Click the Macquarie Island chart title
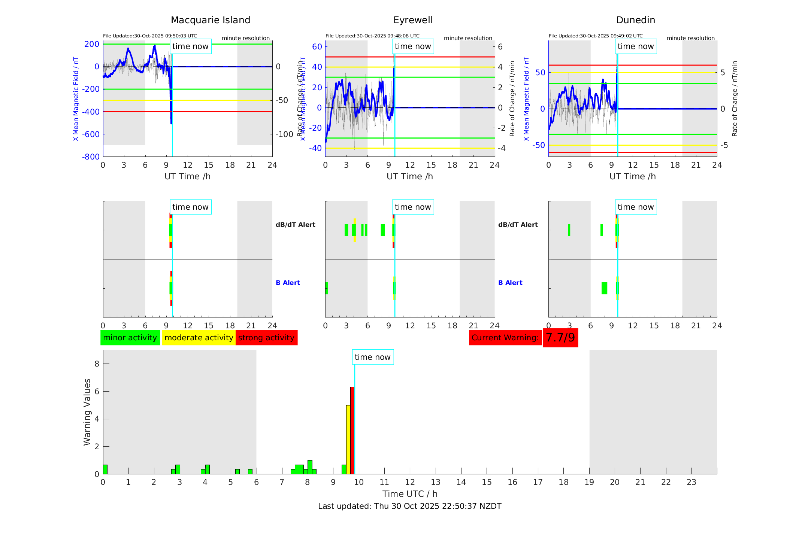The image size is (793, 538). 211,20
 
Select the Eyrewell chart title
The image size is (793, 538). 413,20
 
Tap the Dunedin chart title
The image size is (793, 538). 635,20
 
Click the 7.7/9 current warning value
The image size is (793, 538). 560,338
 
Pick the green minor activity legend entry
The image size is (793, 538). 130,338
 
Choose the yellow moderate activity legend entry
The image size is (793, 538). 199,338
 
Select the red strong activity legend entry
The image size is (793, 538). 266,338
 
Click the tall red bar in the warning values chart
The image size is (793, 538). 352,431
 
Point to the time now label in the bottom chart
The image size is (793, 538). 372,357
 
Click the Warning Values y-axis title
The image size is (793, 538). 87,412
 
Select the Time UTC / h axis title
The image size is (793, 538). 409,494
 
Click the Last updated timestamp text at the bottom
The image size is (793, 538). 409,506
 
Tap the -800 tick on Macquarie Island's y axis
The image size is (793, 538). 91,157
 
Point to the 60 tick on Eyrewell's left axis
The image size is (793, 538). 317,47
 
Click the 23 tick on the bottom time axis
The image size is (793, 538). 691,482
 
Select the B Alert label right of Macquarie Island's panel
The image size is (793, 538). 288,283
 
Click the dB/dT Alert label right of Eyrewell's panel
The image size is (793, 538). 518,225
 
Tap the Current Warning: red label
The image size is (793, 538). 505,338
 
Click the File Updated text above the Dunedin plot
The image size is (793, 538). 596,36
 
